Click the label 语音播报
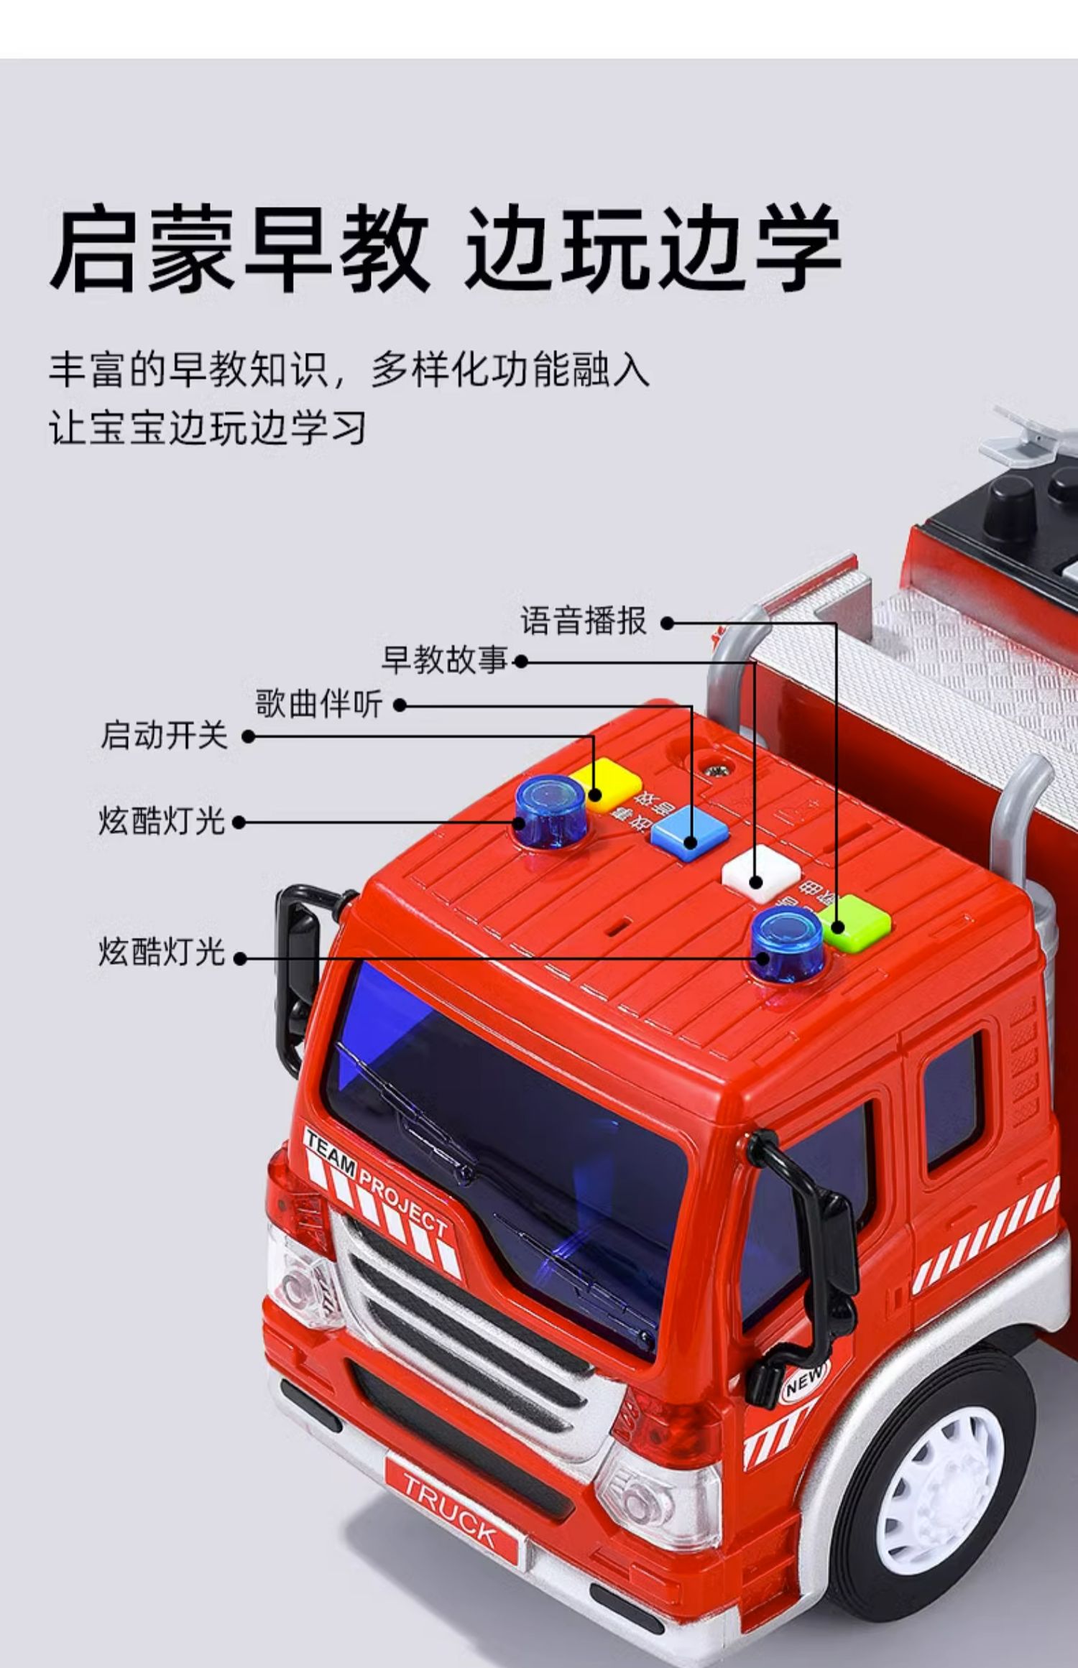[584, 621]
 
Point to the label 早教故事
[444, 660]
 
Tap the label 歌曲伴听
[318, 704]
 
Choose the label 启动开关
[164, 736]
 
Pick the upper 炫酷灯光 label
[162, 821]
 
